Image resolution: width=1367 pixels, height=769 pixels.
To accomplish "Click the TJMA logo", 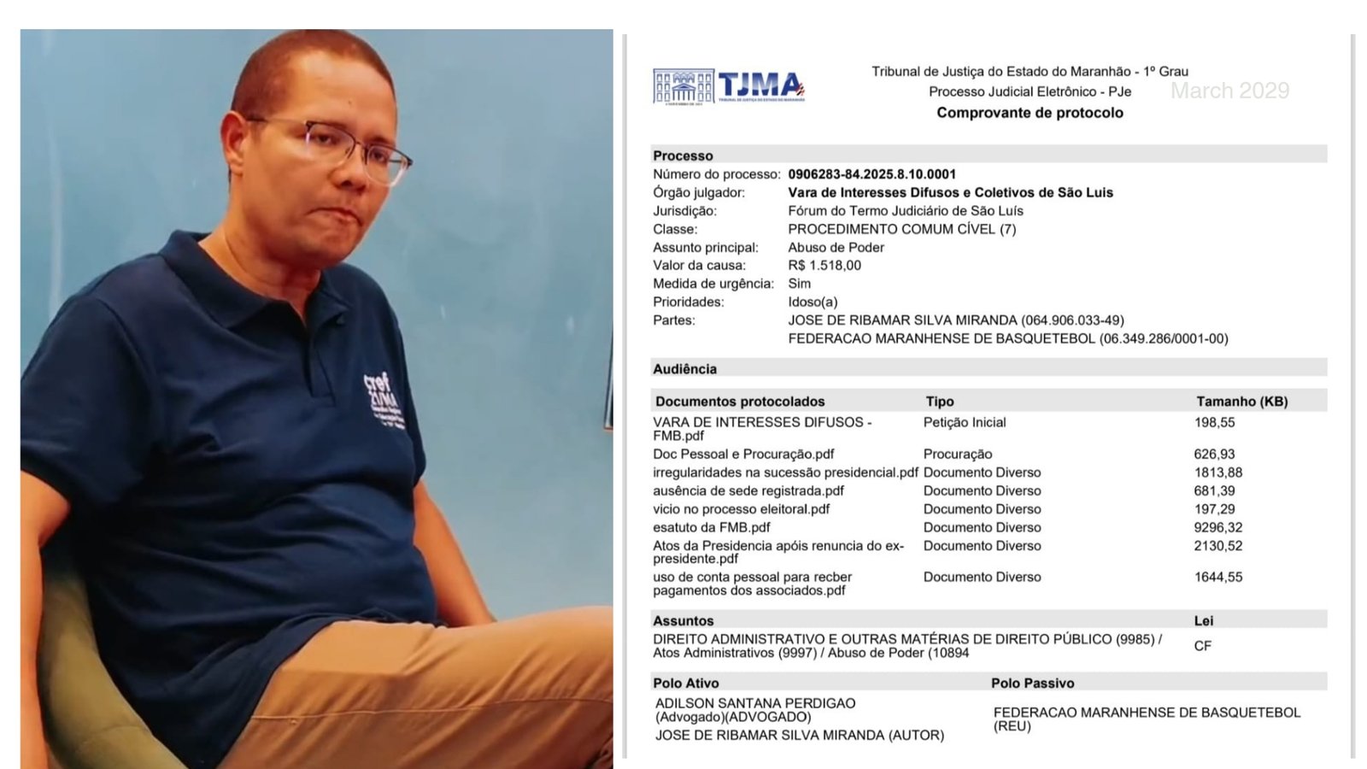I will (729, 86).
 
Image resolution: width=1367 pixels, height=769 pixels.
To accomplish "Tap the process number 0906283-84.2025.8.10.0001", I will (871, 174).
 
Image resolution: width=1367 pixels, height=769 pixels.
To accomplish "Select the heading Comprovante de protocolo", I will (1030, 113).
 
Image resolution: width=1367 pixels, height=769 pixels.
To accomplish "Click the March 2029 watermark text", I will (1229, 91).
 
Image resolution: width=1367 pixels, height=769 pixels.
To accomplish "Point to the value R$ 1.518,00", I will (824, 266).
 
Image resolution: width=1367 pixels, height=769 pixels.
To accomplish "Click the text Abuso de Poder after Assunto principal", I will (836, 248).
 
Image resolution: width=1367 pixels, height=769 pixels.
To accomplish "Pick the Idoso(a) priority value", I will (813, 302).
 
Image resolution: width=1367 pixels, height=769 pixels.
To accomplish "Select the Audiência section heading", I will (684, 369).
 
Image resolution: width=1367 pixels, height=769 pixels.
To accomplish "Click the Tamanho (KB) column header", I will (1241, 402).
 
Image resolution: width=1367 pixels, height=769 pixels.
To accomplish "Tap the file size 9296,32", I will (1217, 528).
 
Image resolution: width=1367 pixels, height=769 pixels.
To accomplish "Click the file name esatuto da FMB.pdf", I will (711, 528).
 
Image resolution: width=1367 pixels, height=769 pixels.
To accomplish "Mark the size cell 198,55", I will (1214, 423).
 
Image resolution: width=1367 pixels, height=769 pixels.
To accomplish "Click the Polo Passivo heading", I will (1032, 684).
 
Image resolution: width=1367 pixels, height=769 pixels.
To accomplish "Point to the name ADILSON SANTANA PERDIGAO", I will (754, 703).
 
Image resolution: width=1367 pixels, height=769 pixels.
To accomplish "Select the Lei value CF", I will (1202, 647).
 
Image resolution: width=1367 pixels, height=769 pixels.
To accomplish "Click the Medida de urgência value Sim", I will (799, 284).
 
